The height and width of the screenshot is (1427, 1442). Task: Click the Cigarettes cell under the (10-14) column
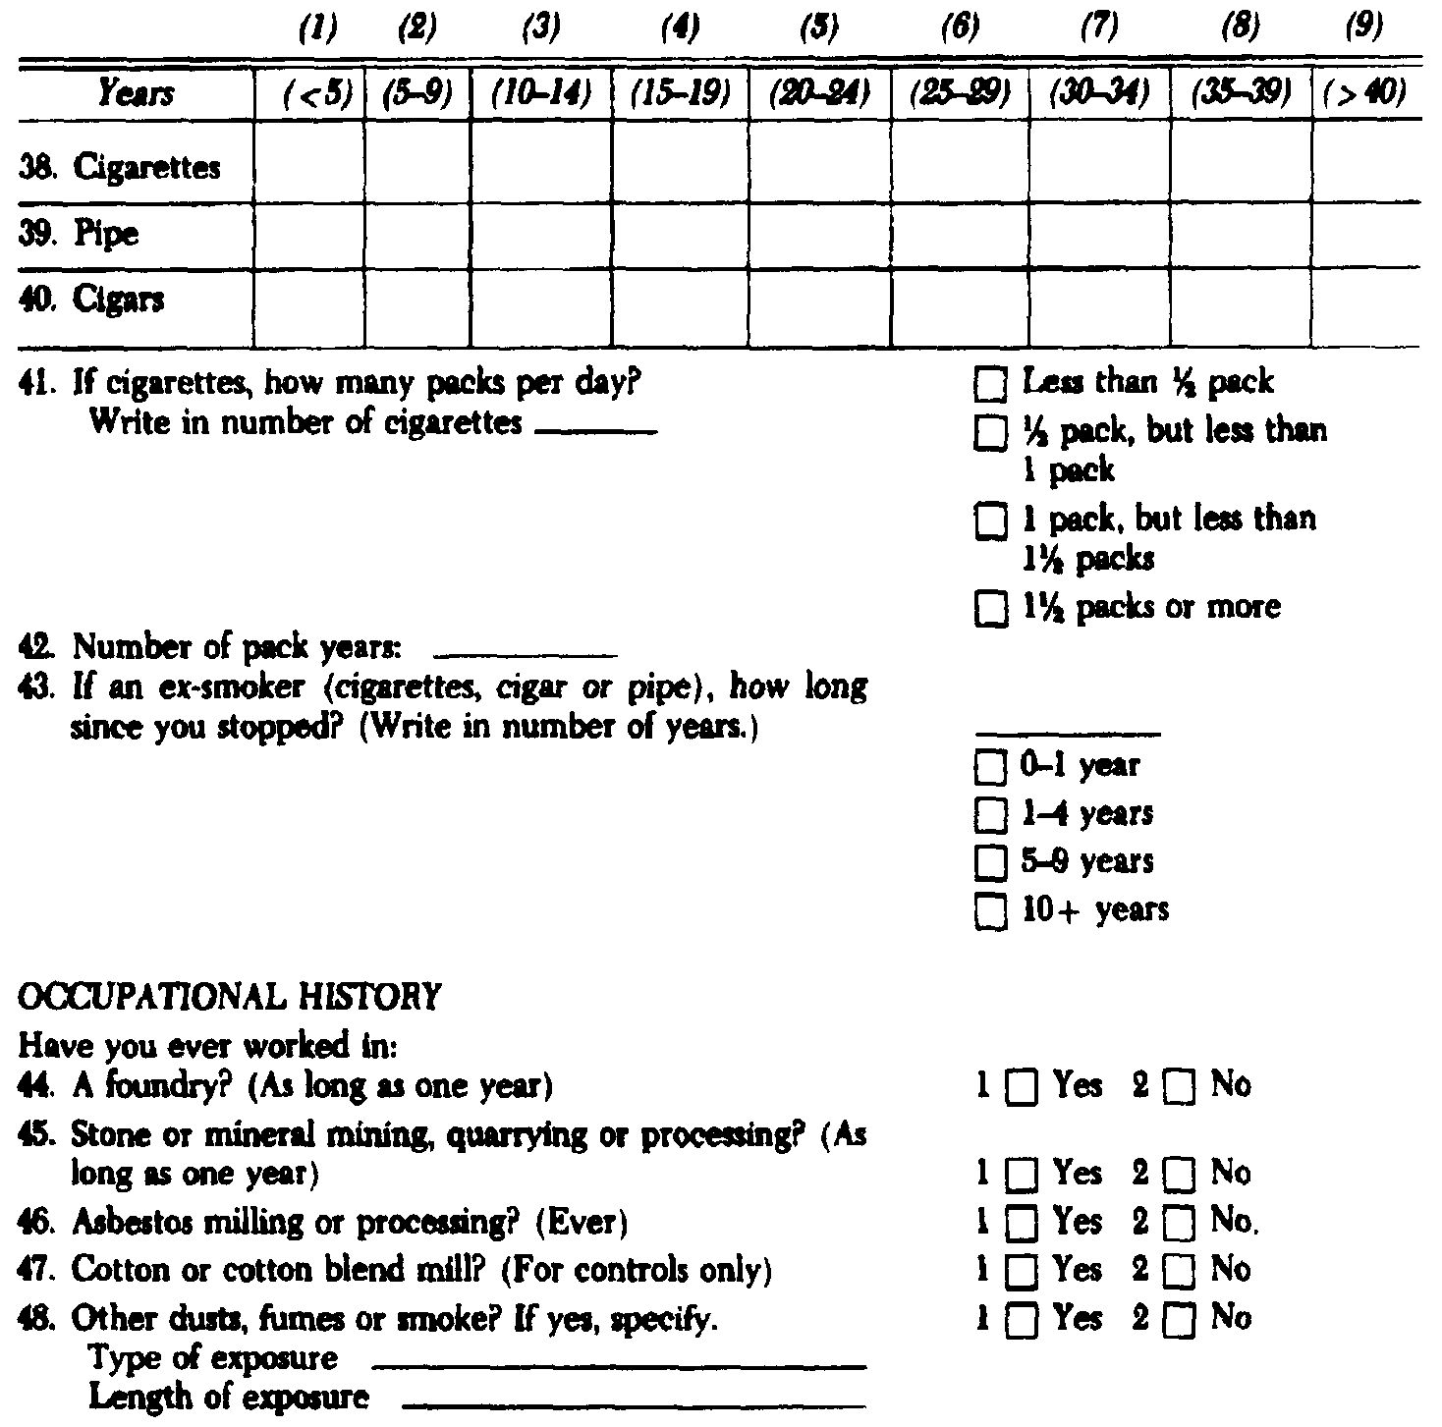(540, 165)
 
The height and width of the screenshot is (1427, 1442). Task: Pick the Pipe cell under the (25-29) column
(960, 234)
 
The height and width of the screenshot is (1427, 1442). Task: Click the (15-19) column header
(680, 94)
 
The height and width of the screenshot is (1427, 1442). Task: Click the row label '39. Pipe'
(79, 234)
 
